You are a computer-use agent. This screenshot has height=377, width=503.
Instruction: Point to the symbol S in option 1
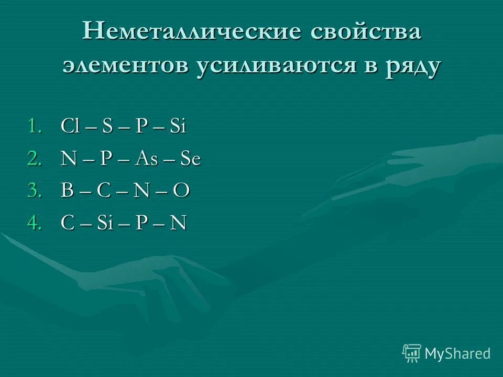107,127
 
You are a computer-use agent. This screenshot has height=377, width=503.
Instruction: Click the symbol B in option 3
67,192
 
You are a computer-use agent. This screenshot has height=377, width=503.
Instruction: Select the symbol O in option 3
181,192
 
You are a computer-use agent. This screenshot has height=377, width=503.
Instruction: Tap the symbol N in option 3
140,192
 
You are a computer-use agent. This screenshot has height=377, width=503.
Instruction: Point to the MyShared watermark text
457,353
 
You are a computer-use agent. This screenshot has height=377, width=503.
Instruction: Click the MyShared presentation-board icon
412,353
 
